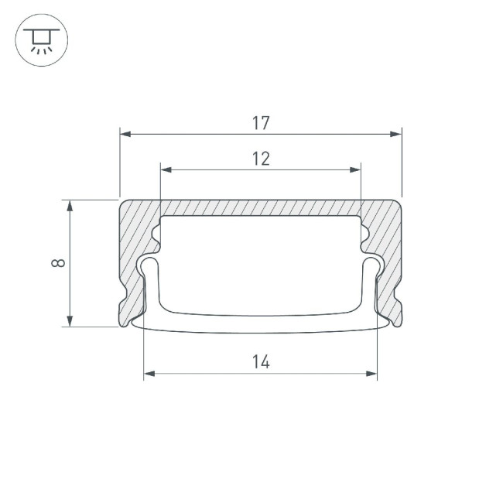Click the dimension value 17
pos(261,121)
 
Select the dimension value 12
pos(261,159)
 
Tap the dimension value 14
pos(261,361)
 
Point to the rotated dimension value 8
pos(57,263)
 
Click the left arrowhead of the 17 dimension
pos(125,134)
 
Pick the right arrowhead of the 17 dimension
pos(397,134)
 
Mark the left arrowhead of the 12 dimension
pos(165,169)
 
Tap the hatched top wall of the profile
pos(261,208)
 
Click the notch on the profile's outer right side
pos(400,299)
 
